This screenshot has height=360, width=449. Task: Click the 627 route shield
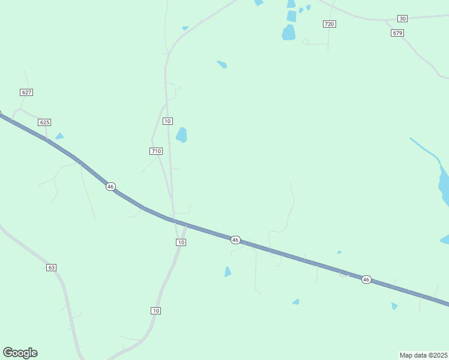pos(26,92)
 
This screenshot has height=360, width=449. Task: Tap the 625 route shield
pos(44,122)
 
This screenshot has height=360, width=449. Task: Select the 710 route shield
pos(156,151)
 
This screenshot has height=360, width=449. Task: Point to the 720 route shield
pos(329,24)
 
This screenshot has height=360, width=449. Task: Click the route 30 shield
pos(402,19)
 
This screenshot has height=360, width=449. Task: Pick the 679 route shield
pos(397,33)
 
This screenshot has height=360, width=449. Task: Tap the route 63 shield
pos(51,267)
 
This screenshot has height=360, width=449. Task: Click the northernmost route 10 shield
pos(167,121)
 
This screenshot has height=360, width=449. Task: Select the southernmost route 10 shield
pos(156,310)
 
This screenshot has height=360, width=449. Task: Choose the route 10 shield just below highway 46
pos(181,242)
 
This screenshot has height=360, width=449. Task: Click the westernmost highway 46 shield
pos(110,187)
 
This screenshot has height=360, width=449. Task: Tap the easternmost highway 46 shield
pos(366,280)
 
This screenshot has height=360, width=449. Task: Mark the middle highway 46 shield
pos(235,240)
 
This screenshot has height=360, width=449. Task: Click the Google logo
pos(20,353)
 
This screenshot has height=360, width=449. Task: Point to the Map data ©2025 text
pos(424,355)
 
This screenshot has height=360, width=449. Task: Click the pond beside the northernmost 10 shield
pos(181,135)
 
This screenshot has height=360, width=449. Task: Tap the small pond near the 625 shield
pos(59,136)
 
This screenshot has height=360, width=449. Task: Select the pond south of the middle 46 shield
pos(228,272)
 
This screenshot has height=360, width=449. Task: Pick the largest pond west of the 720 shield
pos(289,32)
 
